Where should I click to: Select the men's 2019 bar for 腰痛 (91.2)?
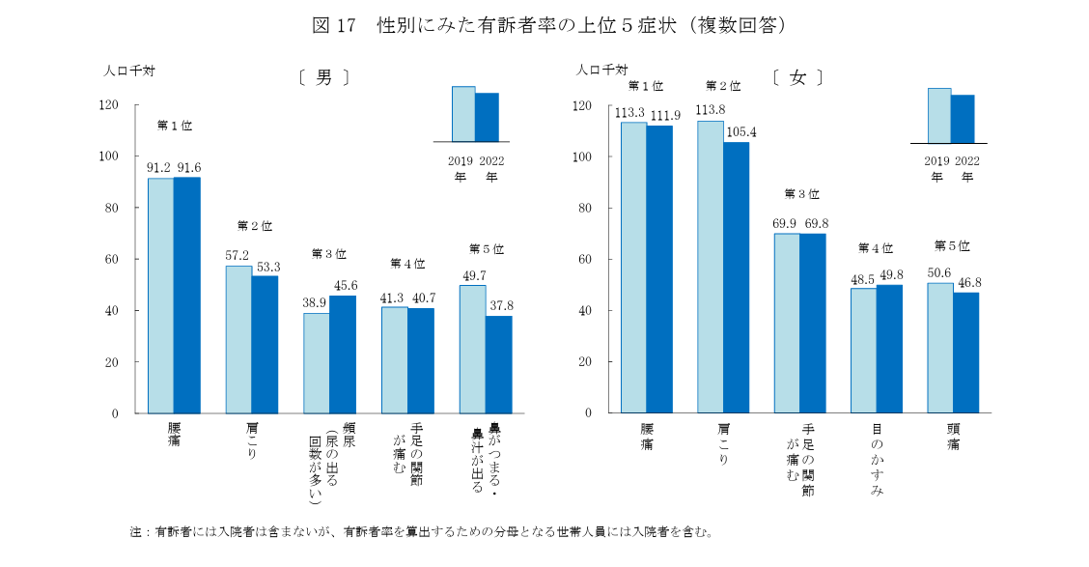160,295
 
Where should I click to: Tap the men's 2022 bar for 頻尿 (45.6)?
342,354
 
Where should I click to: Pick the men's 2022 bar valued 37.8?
498,364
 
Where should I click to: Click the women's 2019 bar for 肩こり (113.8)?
710,267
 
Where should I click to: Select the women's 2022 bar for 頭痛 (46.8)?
965,353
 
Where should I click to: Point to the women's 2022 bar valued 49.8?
888,349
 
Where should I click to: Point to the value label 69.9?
786,224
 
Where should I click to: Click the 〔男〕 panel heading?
323,78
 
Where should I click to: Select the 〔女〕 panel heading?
797,78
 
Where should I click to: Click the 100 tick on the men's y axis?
108,156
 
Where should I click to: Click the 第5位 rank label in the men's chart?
486,249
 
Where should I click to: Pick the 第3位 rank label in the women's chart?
800,194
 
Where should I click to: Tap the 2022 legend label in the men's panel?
491,161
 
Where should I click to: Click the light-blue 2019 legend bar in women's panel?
939,116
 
